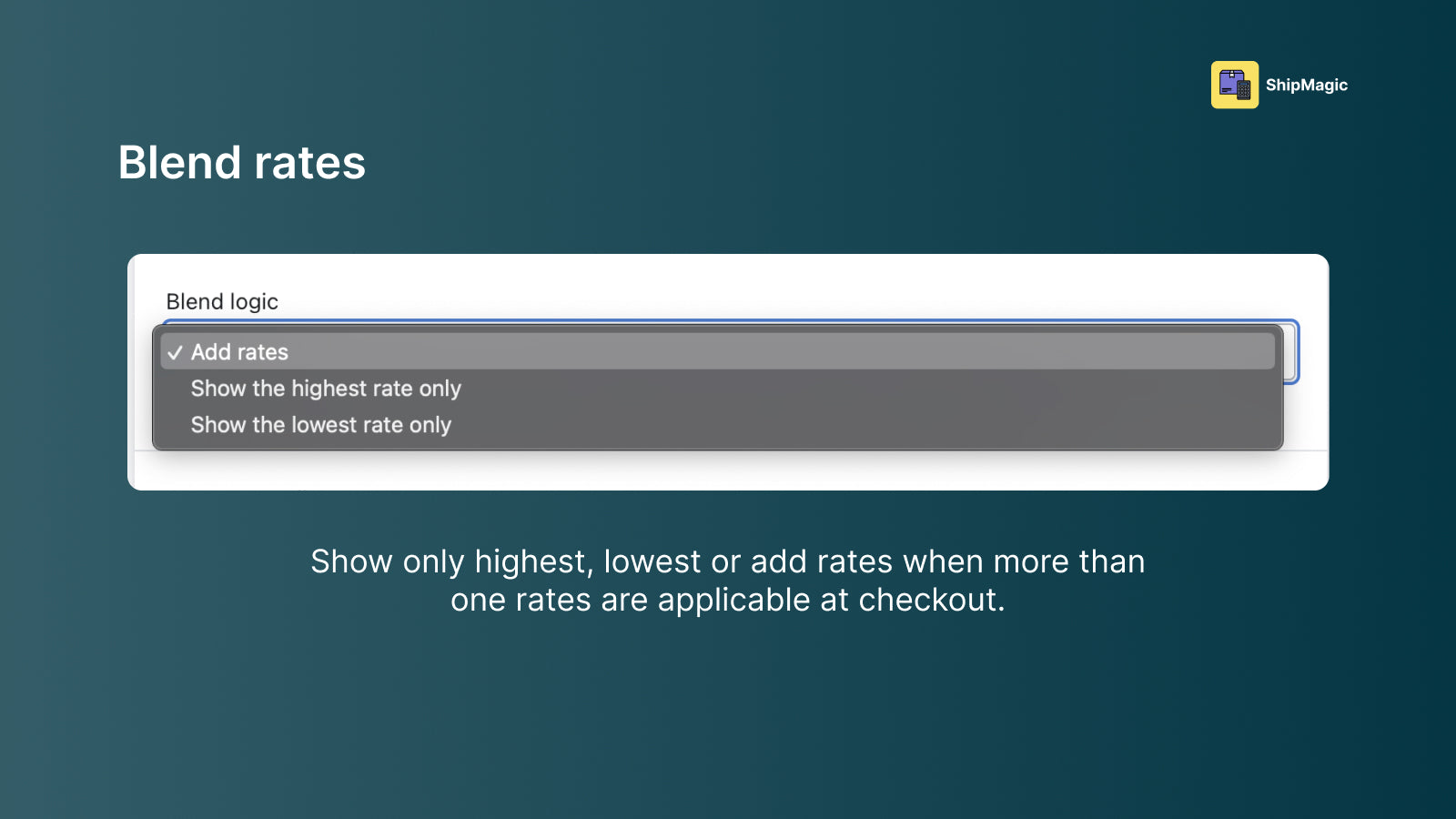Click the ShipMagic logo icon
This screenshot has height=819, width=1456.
click(1234, 86)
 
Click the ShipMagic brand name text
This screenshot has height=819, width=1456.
click(1307, 86)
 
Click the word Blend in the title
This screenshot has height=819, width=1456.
click(179, 162)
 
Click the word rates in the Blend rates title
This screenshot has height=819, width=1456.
click(310, 163)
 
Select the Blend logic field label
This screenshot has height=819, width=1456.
click(222, 301)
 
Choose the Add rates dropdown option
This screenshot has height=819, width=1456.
click(239, 351)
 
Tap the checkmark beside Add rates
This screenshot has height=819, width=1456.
click(174, 352)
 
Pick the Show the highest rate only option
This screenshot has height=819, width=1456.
click(326, 389)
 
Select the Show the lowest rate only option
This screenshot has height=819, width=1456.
click(320, 425)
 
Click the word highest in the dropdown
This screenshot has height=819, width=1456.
click(329, 389)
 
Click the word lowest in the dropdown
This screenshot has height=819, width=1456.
click(324, 425)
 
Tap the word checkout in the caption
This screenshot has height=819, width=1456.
click(932, 600)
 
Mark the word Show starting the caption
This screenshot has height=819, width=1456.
click(351, 561)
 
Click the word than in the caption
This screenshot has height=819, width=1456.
click(1112, 561)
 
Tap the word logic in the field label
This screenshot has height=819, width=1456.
click(254, 302)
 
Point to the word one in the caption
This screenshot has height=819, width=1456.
click(478, 601)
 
